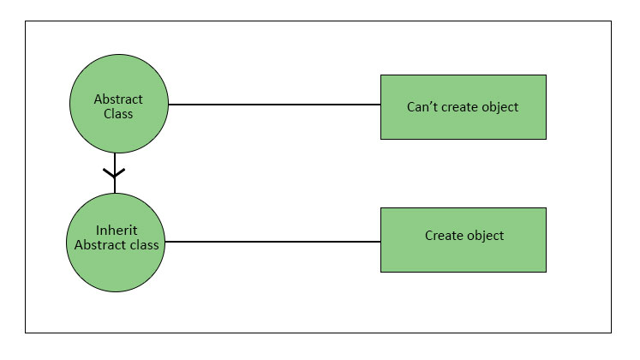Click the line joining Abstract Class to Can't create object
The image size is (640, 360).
point(274,105)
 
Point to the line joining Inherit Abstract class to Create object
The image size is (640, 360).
point(272,242)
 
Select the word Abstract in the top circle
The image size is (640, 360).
point(118,99)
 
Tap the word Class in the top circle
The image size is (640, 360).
point(118,114)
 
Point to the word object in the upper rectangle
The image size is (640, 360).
point(500,107)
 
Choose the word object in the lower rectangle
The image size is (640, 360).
point(485,236)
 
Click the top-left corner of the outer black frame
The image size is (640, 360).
point(25,21)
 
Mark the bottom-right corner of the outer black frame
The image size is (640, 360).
point(612,333)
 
